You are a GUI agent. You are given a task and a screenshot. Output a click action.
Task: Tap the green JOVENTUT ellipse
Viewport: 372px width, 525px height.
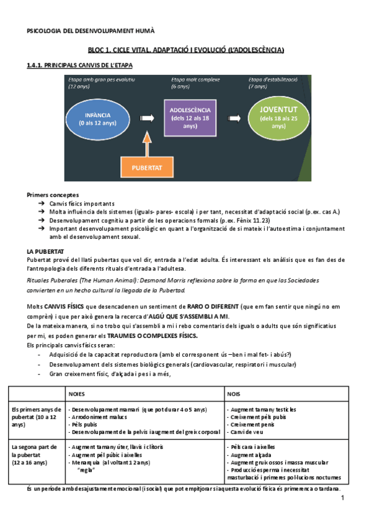pos(278,116)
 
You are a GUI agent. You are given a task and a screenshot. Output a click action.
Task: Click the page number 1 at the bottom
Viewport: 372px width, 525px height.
pos(342,498)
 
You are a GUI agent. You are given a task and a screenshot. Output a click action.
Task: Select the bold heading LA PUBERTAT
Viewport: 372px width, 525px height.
pos(46,251)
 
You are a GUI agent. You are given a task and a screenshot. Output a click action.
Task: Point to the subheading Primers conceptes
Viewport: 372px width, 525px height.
pos(53,194)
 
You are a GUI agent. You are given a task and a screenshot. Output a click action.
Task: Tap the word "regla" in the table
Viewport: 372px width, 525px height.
pos(86,469)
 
